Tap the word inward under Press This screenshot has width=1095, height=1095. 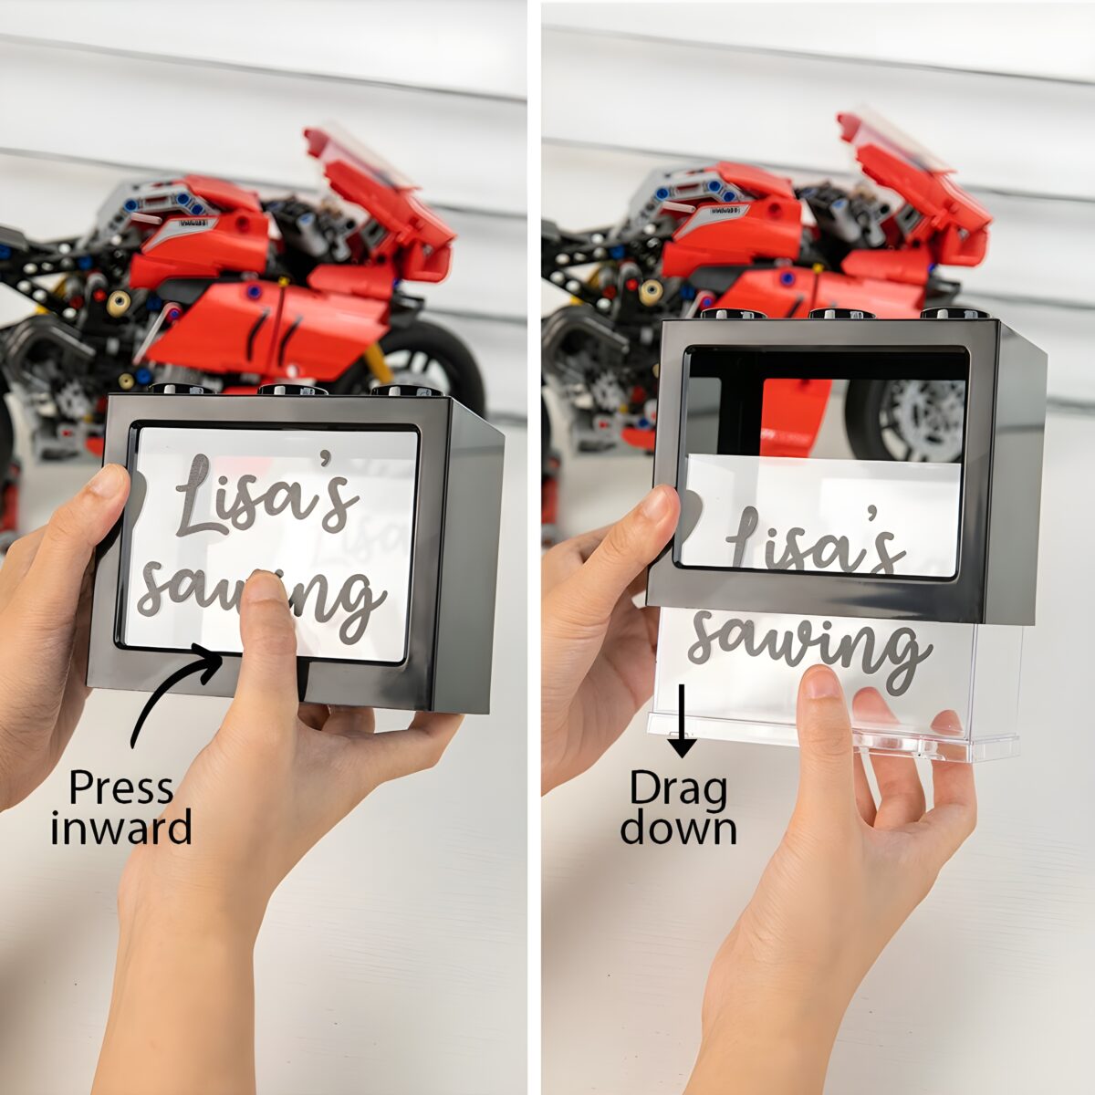121,829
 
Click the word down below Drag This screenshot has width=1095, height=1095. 679,829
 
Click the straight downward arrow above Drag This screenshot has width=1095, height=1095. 682,721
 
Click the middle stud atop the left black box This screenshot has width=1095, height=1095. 291,390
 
